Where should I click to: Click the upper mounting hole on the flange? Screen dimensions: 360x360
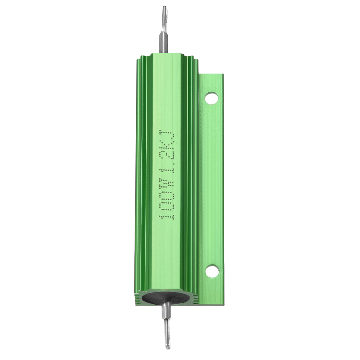211,98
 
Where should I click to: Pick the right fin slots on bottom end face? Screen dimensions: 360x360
195,299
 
